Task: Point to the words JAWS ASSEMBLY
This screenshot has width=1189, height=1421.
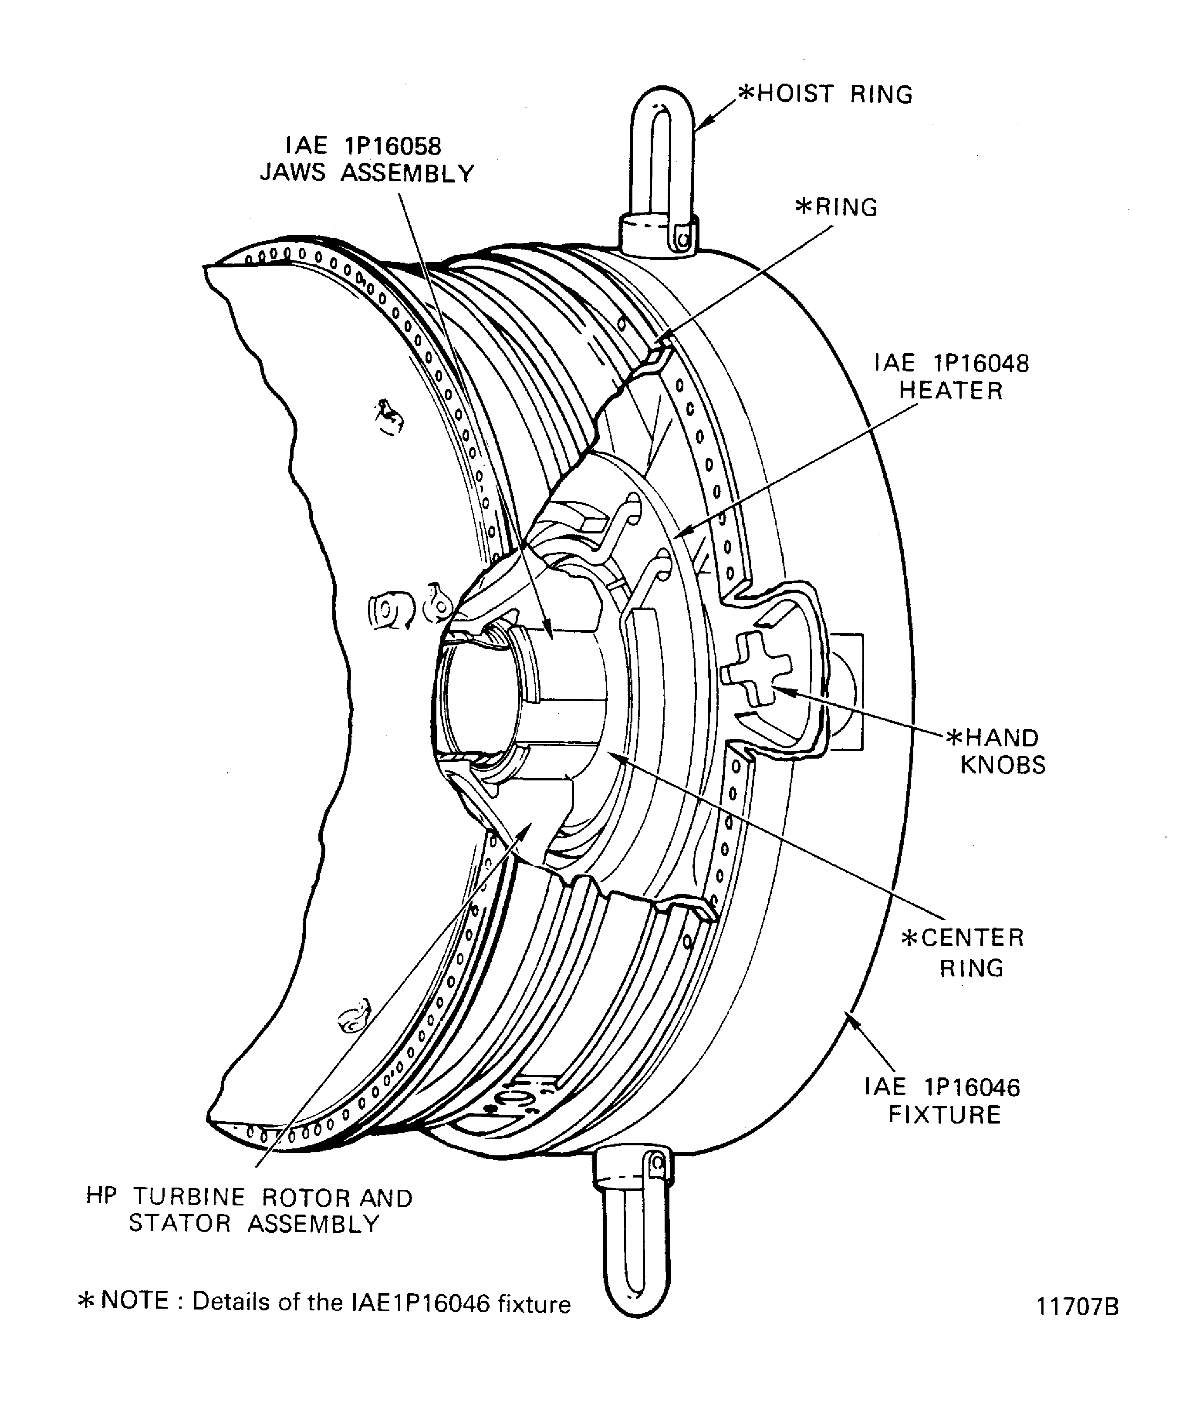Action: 368,173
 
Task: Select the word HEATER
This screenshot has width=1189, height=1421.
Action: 951,391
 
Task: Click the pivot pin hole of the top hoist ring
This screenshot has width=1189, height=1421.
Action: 685,238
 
